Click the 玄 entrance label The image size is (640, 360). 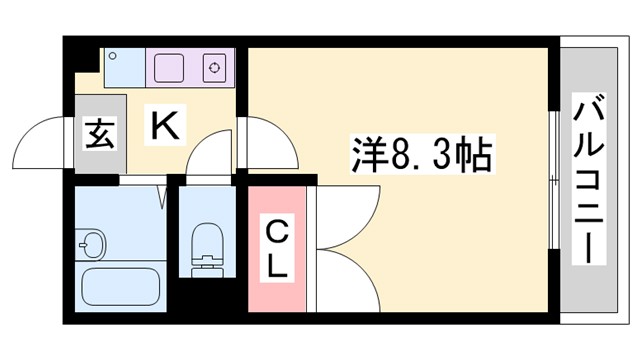pos(98,133)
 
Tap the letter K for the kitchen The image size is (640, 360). pos(165,126)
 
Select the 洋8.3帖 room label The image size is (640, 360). pos(420,155)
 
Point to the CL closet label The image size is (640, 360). pos(277,250)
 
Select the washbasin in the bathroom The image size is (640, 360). pos(93,242)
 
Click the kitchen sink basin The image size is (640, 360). pos(177,68)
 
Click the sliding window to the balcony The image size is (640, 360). pos(553,181)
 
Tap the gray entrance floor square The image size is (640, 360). pos(98,134)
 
